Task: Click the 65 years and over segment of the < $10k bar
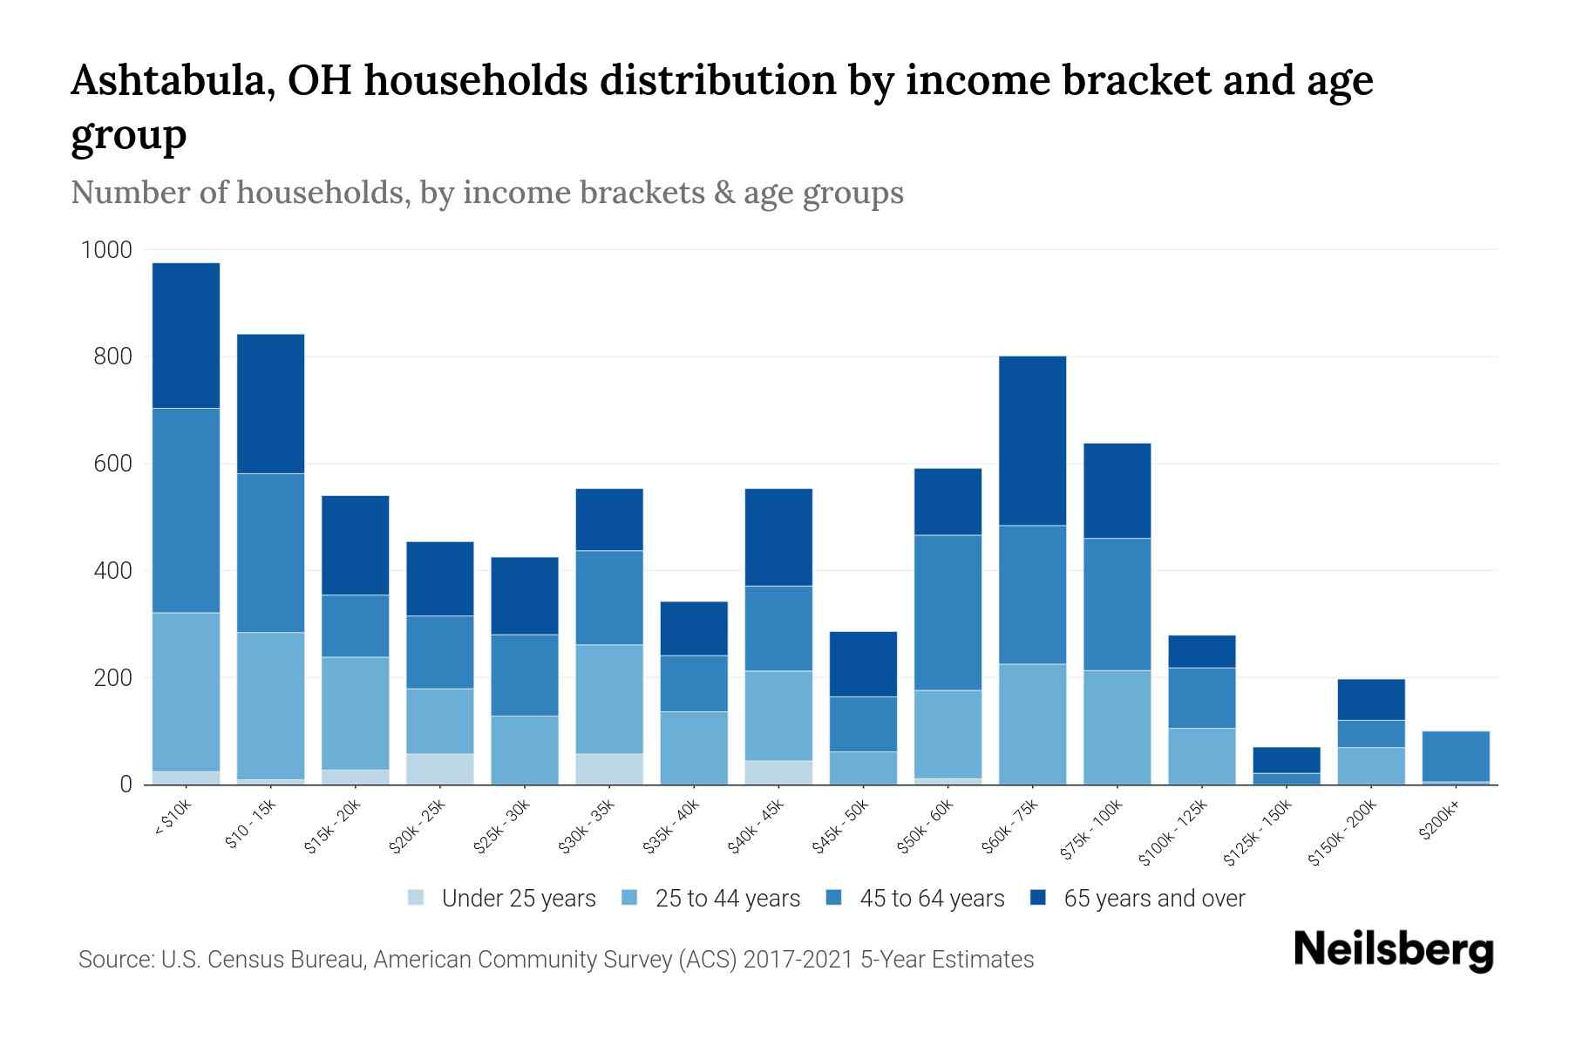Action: tap(186, 336)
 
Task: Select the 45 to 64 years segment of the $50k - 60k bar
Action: tap(948, 612)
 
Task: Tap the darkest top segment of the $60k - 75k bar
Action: tap(1032, 440)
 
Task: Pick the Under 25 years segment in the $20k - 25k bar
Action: tap(440, 769)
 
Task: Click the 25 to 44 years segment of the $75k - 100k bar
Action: tap(1117, 727)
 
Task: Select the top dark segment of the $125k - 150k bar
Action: tap(1286, 759)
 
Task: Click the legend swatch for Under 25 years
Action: tap(417, 898)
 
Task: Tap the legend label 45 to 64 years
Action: tap(931, 898)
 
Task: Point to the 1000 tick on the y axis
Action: tap(106, 251)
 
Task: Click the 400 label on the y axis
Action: tap(112, 572)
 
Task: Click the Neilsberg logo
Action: tap(1393, 950)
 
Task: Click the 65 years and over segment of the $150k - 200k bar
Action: tap(1370, 699)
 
